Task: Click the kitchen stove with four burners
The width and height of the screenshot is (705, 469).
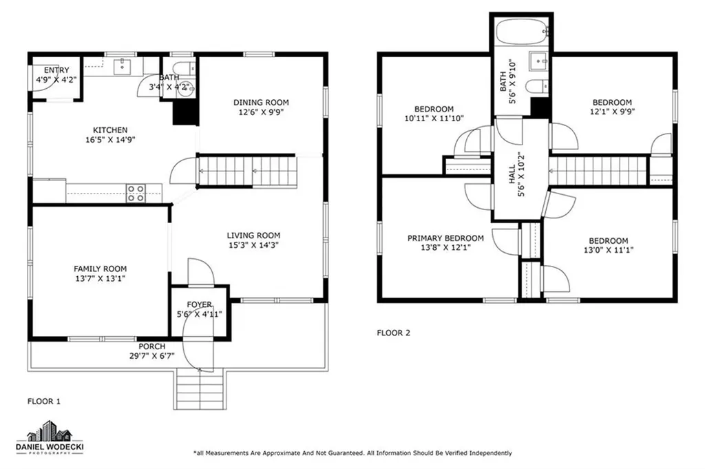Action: point(136,194)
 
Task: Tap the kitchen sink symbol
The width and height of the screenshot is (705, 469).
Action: point(123,65)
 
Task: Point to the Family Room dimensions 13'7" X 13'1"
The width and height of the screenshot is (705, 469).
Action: point(100,278)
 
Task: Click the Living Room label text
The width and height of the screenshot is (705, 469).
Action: point(254,235)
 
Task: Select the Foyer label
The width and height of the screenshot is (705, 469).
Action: point(200,304)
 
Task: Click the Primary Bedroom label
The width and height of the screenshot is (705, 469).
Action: point(445,238)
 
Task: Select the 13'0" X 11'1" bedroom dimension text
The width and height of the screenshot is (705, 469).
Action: point(609,251)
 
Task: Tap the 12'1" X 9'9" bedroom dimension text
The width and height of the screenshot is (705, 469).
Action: point(611,112)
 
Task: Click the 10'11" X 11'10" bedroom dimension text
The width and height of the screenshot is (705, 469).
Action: point(434,118)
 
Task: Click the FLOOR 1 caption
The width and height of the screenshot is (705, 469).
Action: point(44,400)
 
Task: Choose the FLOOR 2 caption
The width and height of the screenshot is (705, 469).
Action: point(393,333)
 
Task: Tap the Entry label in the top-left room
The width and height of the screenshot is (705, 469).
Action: point(56,70)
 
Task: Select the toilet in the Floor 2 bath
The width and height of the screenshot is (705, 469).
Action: point(534,86)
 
